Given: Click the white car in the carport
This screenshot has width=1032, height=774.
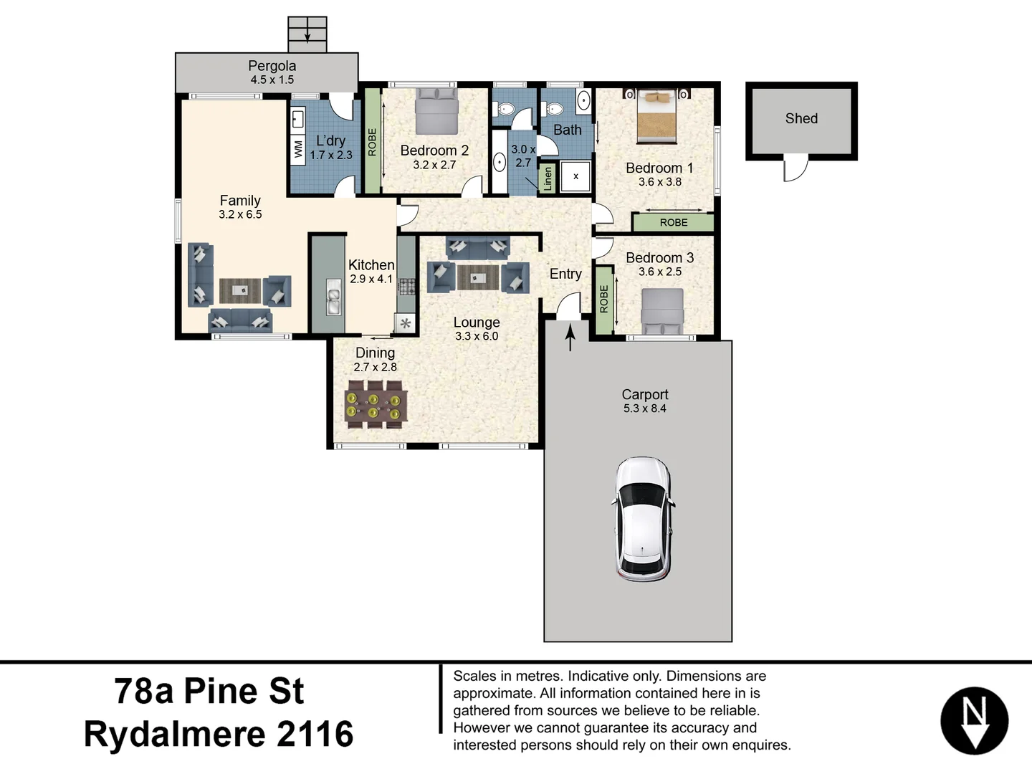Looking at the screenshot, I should [643, 520].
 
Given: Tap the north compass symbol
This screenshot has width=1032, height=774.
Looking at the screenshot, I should [974, 722].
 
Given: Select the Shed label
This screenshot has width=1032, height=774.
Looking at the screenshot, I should [801, 119].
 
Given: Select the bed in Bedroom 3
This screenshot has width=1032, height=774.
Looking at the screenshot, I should [661, 312].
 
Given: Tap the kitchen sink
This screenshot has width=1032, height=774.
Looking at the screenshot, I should [333, 297].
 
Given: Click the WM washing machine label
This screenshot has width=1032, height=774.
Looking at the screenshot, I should [298, 149].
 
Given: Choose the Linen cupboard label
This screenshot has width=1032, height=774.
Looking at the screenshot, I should [548, 178].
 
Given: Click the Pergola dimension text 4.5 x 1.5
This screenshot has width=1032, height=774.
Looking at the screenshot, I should [272, 80].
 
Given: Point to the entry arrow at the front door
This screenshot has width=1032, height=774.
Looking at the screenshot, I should [570, 338].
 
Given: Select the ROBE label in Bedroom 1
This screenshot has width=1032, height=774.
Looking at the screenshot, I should [673, 223].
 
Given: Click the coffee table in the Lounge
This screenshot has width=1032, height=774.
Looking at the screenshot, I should [477, 277].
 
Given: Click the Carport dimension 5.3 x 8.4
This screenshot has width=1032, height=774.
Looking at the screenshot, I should [644, 408].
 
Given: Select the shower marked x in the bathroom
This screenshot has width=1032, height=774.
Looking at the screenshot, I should [575, 176].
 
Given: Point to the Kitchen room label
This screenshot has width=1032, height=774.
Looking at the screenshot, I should [371, 265].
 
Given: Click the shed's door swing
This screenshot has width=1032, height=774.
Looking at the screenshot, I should [795, 169].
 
